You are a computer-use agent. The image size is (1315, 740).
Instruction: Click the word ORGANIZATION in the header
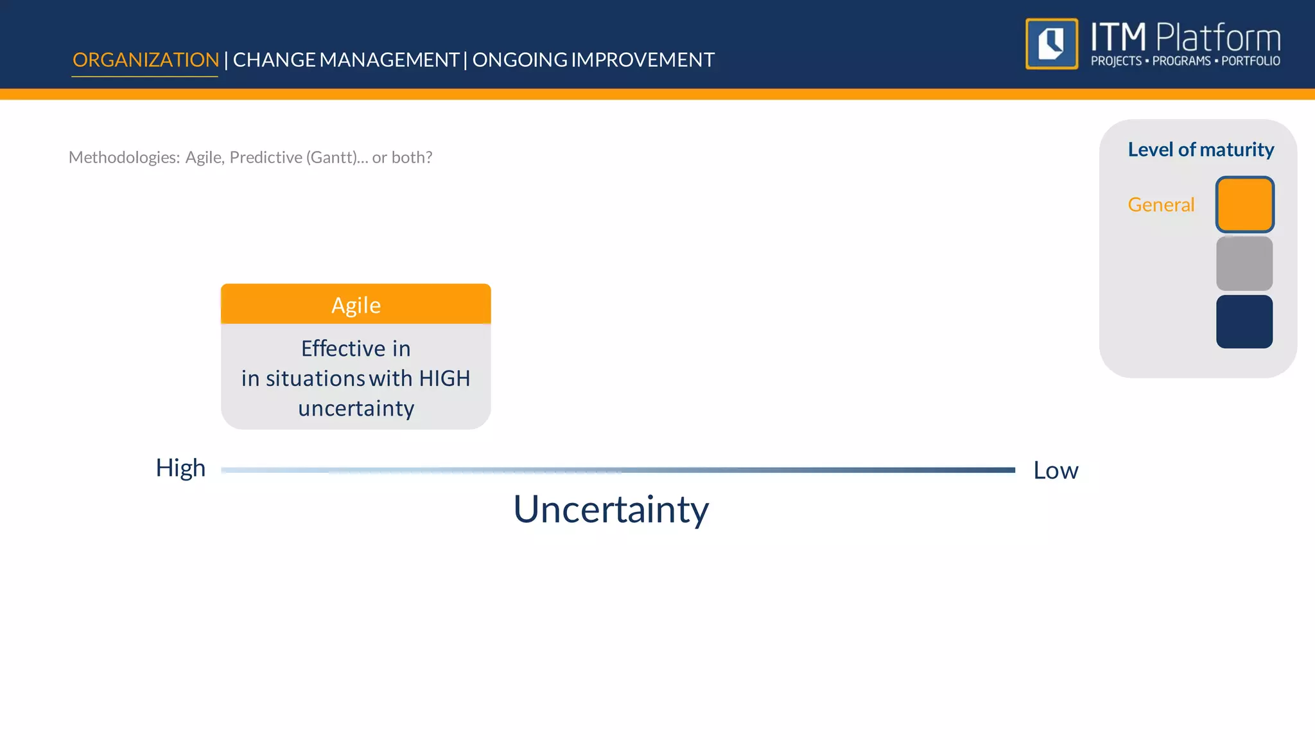pos(146,60)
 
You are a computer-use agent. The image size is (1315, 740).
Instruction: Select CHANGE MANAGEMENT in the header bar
pos(345,60)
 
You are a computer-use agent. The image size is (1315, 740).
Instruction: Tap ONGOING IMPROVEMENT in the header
pos(593,60)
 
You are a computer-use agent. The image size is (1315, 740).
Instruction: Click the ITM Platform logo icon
pos(1052,44)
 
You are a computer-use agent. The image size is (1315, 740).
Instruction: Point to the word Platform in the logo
pos(1218,37)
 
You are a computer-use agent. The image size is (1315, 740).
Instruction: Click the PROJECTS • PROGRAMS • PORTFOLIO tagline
pos(1185,61)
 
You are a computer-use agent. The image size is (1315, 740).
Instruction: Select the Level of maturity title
pos(1201,150)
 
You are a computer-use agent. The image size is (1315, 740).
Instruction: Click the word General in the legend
pos(1161,205)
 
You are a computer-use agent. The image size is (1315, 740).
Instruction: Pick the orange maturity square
pos(1244,205)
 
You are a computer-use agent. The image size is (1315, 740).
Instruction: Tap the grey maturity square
pos(1244,263)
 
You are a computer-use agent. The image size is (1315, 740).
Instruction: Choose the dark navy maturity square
pos(1244,322)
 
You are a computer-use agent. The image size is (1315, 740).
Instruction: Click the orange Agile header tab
pos(356,304)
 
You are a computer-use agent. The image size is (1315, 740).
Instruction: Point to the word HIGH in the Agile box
pos(444,378)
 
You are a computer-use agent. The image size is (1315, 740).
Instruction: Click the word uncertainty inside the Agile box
pos(356,409)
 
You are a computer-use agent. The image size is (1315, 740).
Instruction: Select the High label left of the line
pos(180,468)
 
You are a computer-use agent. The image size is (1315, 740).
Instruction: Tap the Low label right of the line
pos(1056,471)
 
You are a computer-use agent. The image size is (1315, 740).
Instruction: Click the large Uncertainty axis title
pos(611,510)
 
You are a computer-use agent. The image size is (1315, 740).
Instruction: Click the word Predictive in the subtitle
pos(266,157)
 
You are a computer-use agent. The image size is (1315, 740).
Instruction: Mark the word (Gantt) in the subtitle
pos(333,157)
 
